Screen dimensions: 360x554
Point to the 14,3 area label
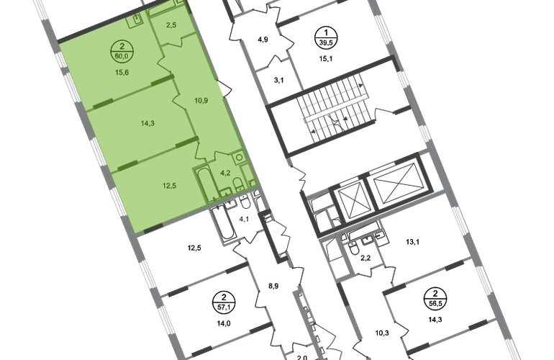click(x=147, y=123)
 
